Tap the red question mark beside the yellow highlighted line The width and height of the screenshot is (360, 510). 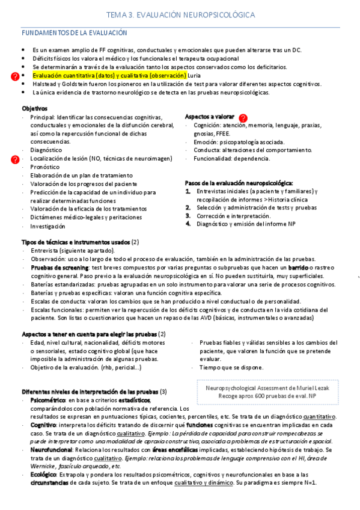(x=16, y=76)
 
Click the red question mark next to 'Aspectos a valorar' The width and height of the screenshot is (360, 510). (x=243, y=118)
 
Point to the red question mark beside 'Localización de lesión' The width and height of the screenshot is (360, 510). (x=16, y=159)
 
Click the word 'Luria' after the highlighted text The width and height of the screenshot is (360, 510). (x=195, y=76)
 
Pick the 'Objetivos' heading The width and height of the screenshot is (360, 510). (x=35, y=108)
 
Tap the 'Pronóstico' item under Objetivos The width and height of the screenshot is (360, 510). (x=46, y=167)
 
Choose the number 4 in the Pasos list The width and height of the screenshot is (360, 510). (x=188, y=224)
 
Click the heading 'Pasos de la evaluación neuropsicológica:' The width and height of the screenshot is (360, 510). (x=239, y=182)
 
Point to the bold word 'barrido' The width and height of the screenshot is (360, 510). (x=297, y=267)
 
